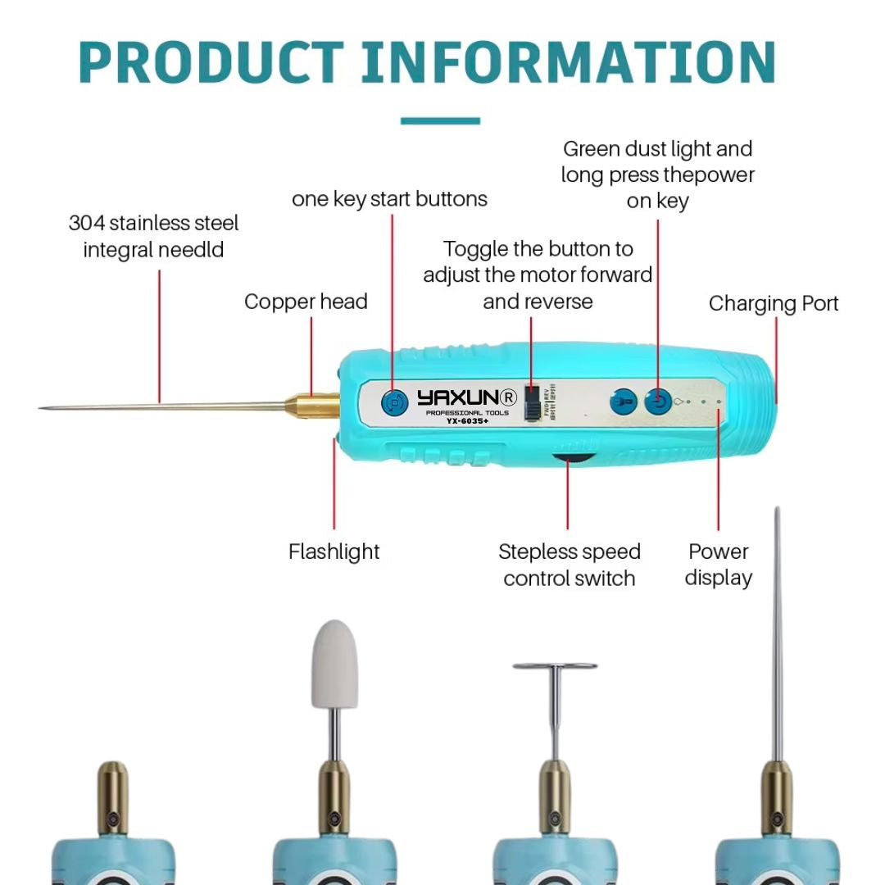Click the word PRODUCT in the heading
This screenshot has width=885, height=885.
point(211,62)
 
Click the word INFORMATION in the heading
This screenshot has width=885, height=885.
point(568,62)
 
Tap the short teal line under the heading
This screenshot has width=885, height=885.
point(440,121)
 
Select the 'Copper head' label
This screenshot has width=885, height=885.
point(306,302)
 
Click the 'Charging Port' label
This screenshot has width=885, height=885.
point(774,303)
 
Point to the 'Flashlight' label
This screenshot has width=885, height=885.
point(334,551)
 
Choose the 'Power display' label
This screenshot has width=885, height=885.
point(718,565)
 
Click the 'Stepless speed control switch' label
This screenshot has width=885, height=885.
point(570,565)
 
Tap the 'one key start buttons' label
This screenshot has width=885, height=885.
point(389,199)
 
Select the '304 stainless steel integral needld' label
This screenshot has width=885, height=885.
point(153,236)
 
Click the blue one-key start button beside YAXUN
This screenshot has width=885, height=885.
point(395,402)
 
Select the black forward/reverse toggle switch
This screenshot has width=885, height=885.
point(533,402)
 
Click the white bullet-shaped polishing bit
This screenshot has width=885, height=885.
point(334,664)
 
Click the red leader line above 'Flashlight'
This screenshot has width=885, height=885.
point(334,483)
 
